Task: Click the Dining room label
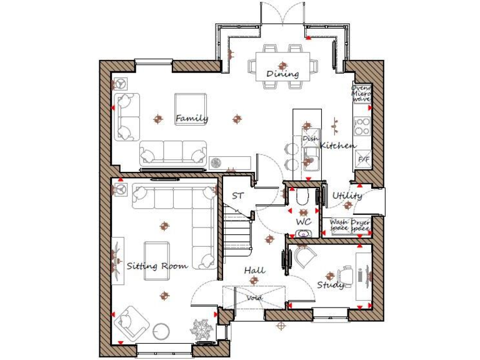click(x=282, y=74)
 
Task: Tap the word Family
click(x=191, y=118)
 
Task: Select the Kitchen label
click(x=338, y=146)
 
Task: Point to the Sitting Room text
click(x=157, y=266)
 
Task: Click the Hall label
click(x=254, y=270)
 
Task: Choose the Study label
click(x=330, y=285)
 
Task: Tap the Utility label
click(x=347, y=196)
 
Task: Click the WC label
click(x=303, y=222)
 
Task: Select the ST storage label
click(x=237, y=196)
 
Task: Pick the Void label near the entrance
click(x=254, y=298)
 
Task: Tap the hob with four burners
click(x=362, y=127)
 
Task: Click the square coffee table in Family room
click(x=190, y=107)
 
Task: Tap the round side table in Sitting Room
click(x=162, y=330)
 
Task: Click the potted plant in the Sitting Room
click(x=201, y=329)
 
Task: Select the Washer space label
click(x=339, y=225)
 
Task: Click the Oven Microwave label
click(x=361, y=94)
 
